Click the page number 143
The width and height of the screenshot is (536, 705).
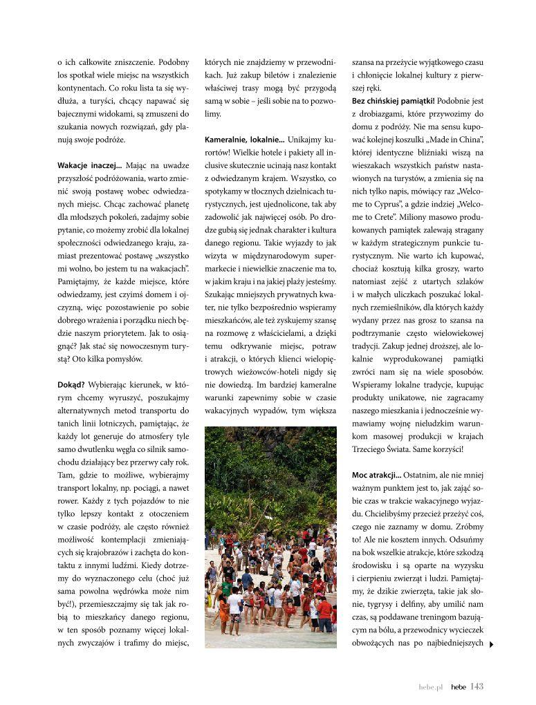click(477, 686)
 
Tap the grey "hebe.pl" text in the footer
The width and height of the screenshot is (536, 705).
click(430, 687)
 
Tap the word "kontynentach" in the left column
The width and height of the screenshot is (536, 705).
click(82, 88)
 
